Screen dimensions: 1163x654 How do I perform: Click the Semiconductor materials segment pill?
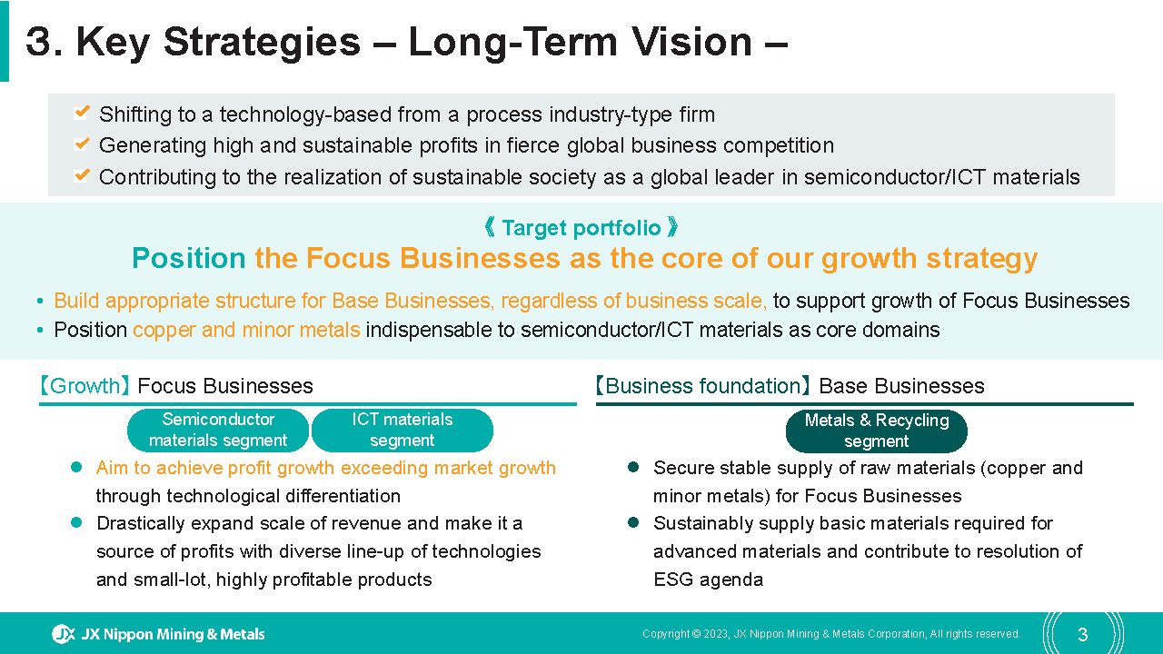click(x=218, y=431)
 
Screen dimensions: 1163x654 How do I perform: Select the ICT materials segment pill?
click(x=403, y=431)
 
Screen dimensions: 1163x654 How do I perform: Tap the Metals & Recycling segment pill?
click(x=877, y=431)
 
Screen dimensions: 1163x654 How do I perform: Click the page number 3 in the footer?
click(x=1082, y=634)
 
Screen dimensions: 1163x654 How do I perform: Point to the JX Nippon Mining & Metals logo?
click(x=158, y=634)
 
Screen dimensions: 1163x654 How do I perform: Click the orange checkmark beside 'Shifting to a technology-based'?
click(x=82, y=112)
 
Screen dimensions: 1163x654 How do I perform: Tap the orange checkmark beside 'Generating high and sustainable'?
click(x=82, y=144)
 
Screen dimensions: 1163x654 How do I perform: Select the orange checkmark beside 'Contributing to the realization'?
click(x=82, y=175)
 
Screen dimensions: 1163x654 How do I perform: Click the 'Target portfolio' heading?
click(x=581, y=228)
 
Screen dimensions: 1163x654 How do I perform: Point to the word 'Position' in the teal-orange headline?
click(x=188, y=258)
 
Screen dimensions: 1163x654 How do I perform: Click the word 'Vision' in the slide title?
click(x=692, y=42)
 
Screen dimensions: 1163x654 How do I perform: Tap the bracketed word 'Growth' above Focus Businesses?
click(x=85, y=386)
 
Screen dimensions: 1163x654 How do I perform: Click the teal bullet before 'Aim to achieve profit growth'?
click(x=76, y=467)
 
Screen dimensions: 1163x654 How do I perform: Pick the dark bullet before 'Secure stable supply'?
click(x=633, y=467)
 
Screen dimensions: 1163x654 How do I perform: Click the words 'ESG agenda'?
click(x=708, y=580)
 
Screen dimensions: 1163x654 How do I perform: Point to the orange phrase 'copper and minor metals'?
click(x=246, y=330)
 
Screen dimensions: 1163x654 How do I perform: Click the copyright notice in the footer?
click(x=831, y=634)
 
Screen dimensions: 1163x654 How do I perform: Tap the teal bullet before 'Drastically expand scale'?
click(x=76, y=522)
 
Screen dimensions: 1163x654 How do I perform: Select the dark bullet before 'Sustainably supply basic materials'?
click(x=633, y=522)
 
